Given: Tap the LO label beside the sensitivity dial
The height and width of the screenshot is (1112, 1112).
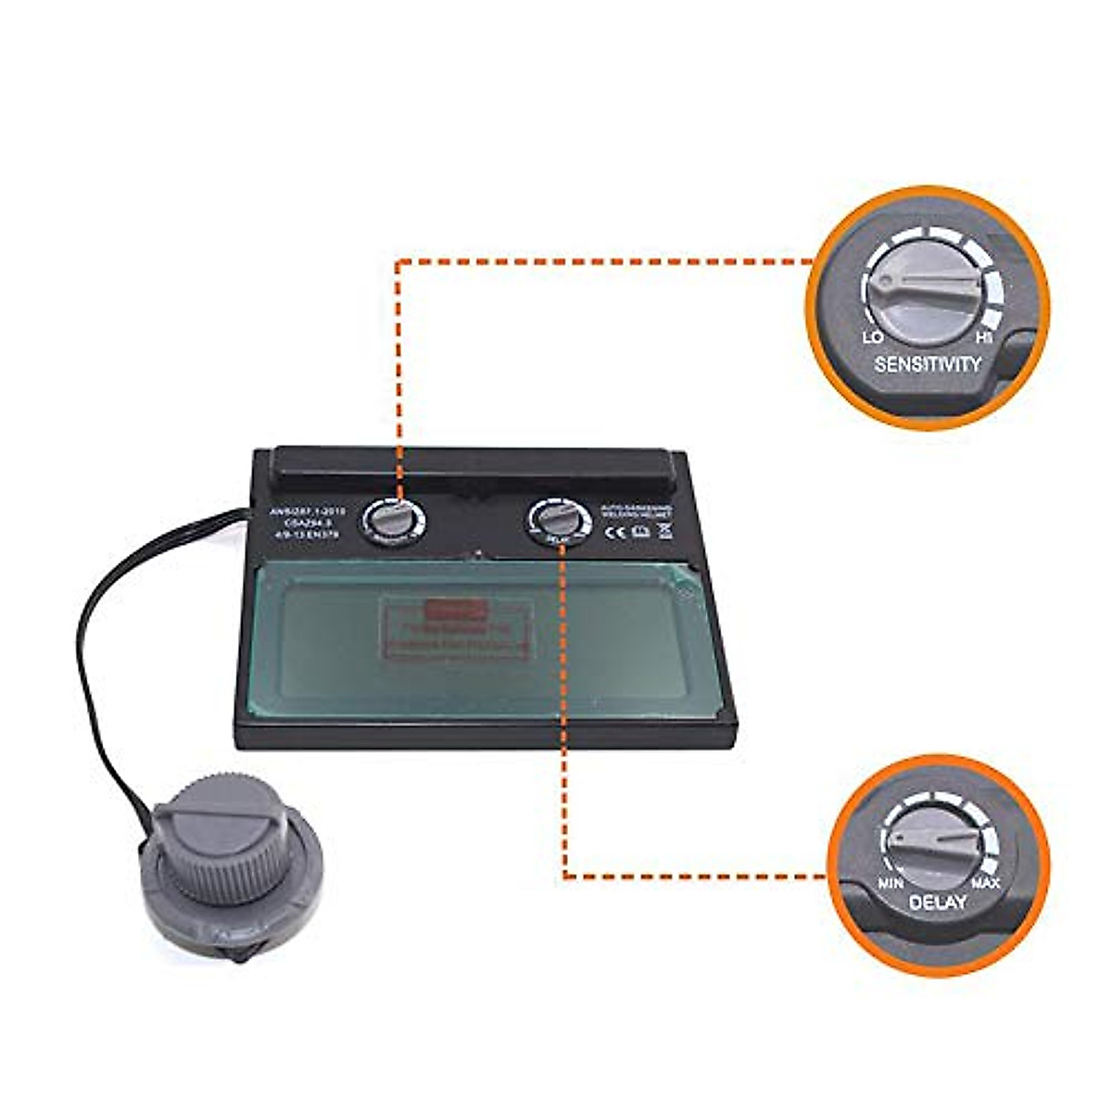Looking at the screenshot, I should (872, 338).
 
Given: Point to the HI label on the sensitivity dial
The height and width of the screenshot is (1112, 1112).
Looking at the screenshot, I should (985, 338).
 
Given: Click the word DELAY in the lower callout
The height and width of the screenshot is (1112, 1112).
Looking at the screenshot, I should (937, 902).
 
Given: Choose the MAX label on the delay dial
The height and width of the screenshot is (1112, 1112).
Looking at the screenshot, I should (985, 882).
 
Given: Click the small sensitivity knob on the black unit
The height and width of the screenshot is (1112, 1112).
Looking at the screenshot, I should (394, 521).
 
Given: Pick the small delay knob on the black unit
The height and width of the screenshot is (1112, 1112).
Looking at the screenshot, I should (559, 521).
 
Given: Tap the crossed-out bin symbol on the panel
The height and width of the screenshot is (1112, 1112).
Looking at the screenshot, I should (663, 531).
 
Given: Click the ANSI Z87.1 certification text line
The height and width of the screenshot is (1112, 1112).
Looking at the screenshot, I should (307, 509).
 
